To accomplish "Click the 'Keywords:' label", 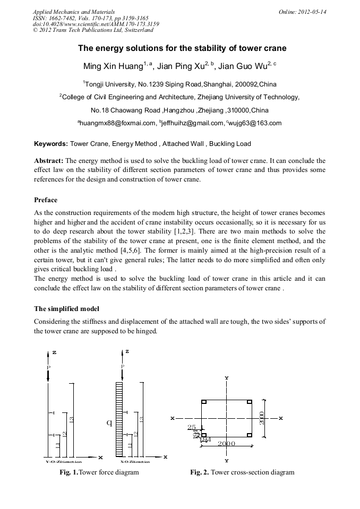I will point(51,144).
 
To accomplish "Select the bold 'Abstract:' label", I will point(49,160).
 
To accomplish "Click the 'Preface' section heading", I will point(46,200).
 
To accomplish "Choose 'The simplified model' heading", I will point(66,308).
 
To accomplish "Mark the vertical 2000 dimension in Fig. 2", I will point(262,418).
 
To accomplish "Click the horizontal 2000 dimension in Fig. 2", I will point(226,443).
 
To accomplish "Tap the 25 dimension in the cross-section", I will point(192,427).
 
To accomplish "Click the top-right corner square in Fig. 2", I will point(249,402).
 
